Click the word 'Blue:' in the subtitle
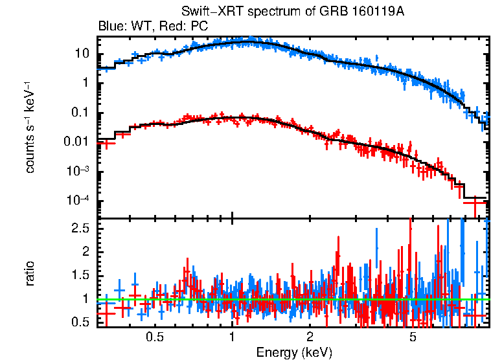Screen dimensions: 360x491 (111, 27)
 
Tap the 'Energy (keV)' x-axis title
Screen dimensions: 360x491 (293, 352)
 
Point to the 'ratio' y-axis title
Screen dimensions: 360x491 (30, 273)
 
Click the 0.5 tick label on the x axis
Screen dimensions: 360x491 (154, 337)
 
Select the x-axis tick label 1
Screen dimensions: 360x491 (232, 337)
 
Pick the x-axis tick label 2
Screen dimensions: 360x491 (310, 337)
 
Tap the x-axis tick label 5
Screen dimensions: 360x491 (413, 337)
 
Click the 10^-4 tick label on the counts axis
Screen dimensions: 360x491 (78, 200)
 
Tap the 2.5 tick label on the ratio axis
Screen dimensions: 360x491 (80, 229)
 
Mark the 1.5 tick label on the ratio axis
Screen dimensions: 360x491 (80, 275)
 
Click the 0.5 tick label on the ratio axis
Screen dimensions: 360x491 (80, 322)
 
